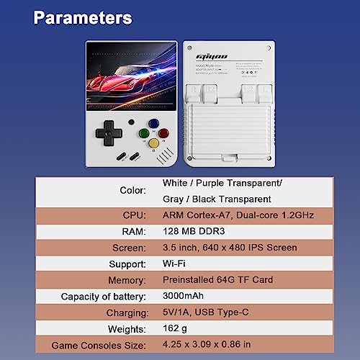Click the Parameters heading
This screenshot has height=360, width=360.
click(83, 17)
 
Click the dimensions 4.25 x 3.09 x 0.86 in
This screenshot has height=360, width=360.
click(206, 345)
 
